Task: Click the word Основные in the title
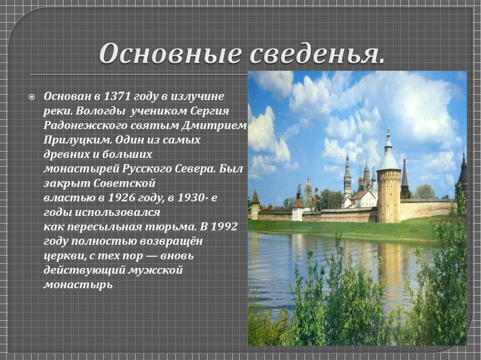pyautogui.click(x=169, y=55)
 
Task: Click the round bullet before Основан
pyautogui.click(x=32, y=97)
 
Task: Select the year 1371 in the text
pyautogui.click(x=115, y=96)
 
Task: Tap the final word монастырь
pyautogui.click(x=78, y=284)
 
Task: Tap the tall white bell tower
pyautogui.click(x=347, y=178)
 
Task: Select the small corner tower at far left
pyautogui.click(x=255, y=205)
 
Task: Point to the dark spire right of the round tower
pyautogui.click(x=405, y=179)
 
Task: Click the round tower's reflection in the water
pyautogui.click(x=388, y=263)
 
